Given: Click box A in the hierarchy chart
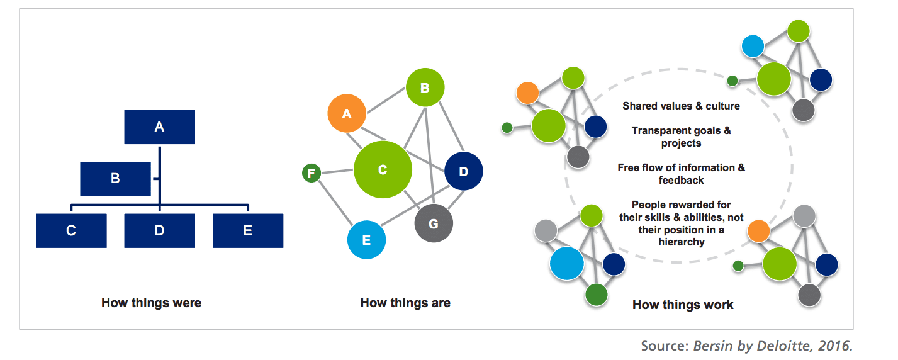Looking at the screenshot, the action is pos(160,127).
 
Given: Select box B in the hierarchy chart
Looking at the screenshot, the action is pos(115,179).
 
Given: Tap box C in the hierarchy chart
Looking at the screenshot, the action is pos(71,230).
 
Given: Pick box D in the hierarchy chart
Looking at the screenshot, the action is pos(160,230).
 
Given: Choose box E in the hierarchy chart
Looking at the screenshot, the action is pos(248,230).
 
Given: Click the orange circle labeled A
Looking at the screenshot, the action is pos(347,113).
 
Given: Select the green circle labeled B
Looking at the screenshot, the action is pos(425,87).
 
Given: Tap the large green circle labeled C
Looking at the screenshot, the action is pos(383,169).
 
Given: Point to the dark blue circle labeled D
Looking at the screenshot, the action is pos(464,171).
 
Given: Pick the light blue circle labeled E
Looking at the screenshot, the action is pos(366,240).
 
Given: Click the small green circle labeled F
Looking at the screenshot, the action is pos(311,173).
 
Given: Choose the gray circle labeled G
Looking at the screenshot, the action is pos(434,223).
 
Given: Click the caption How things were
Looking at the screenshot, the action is pos(151,303).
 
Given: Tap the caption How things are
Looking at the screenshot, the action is pos(405,303).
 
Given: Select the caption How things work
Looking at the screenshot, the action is pos(683,305).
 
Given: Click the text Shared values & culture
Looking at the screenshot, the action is pos(681,106).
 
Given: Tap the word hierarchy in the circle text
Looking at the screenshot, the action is pos(682,242).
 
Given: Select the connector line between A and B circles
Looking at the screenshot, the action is pos(386,100).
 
